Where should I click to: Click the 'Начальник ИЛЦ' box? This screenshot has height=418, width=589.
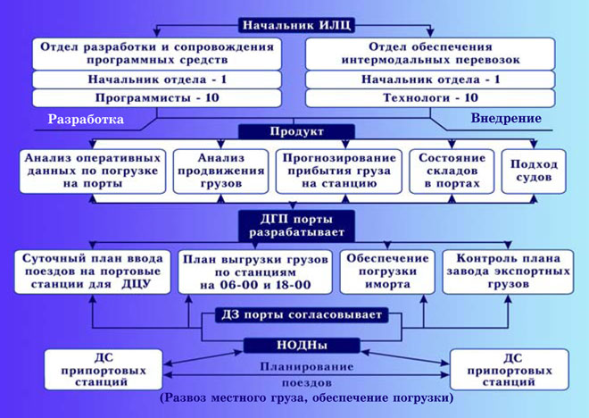click(297, 25)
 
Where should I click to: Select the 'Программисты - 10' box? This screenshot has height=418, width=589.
click(157, 98)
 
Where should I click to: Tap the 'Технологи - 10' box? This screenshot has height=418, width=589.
click(430, 98)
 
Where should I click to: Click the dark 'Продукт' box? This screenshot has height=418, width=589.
click(297, 131)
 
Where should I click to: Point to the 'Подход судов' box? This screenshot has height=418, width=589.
click(534, 171)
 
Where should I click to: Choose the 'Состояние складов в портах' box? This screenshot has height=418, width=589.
click(452, 171)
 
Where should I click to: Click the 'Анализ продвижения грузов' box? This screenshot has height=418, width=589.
click(221, 171)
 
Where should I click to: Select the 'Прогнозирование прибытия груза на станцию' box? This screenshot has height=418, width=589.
click(339, 171)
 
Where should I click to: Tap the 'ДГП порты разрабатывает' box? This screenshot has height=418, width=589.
click(297, 226)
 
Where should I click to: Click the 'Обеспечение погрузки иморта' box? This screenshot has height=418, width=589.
click(387, 272)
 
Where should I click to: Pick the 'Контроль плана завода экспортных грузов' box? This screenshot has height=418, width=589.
click(508, 272)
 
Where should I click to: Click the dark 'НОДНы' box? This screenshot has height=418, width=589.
click(302, 345)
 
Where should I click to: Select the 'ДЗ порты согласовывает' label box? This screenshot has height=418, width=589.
click(302, 314)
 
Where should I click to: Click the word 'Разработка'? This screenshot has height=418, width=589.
click(86, 119)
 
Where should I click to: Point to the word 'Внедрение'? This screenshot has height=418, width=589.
click(506, 119)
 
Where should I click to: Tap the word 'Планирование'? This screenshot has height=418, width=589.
click(306, 366)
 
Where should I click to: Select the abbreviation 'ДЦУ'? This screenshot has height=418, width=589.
click(136, 284)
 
